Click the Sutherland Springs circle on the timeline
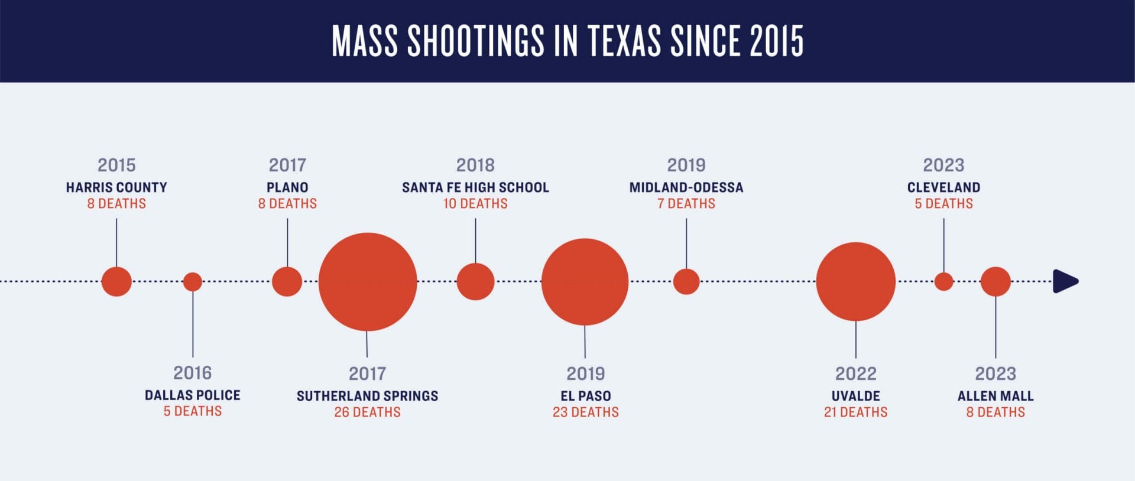tap(368, 282)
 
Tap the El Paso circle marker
tap(585, 282)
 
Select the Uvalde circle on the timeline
tap(855, 282)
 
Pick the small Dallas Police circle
tap(193, 282)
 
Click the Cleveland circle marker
tap(943, 282)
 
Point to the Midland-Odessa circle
tap(686, 282)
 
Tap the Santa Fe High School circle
tap(475, 282)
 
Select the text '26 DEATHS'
tap(367, 412)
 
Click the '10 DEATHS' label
tap(475, 204)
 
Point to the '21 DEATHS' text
tap(855, 412)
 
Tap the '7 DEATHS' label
tap(686, 204)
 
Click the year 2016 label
tap(193, 373)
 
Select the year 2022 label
tap(855, 373)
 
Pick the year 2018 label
tap(475, 165)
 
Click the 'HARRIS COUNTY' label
tap(116, 187)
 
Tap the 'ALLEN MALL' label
tap(995, 396)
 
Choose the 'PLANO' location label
tap(287, 187)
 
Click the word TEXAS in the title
tap(624, 41)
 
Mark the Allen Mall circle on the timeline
tap(995, 282)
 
